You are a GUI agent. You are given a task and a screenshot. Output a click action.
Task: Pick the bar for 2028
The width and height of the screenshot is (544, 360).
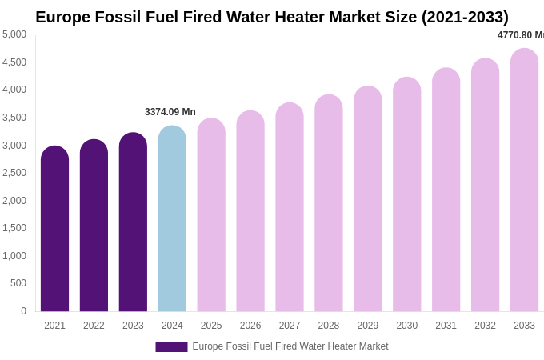click(329, 203)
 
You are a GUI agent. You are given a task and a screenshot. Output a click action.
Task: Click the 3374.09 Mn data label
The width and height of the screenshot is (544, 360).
click(170, 112)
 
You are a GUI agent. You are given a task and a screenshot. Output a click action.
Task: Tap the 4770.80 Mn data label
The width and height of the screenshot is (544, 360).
click(521, 35)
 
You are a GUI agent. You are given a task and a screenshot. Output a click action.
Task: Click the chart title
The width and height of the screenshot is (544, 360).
click(272, 17)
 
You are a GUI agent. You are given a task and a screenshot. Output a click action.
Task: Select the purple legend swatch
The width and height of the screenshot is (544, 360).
click(171, 347)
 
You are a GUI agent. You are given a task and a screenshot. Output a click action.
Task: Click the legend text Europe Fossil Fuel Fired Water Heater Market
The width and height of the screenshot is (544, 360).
click(290, 346)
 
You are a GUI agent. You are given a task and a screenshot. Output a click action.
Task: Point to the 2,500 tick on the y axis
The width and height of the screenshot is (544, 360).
click(14, 173)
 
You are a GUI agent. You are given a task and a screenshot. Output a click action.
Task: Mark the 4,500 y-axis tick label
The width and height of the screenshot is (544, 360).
click(14, 62)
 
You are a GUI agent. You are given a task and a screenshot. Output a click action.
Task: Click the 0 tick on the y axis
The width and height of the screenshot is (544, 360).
click(23, 311)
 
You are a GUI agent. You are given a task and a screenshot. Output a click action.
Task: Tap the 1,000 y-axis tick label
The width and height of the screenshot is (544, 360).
click(14, 256)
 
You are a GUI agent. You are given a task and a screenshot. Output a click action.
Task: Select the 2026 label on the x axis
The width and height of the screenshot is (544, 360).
click(250, 326)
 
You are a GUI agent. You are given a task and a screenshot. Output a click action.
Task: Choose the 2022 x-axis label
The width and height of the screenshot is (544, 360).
click(94, 326)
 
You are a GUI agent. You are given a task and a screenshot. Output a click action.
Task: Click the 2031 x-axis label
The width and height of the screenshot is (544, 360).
click(446, 326)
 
